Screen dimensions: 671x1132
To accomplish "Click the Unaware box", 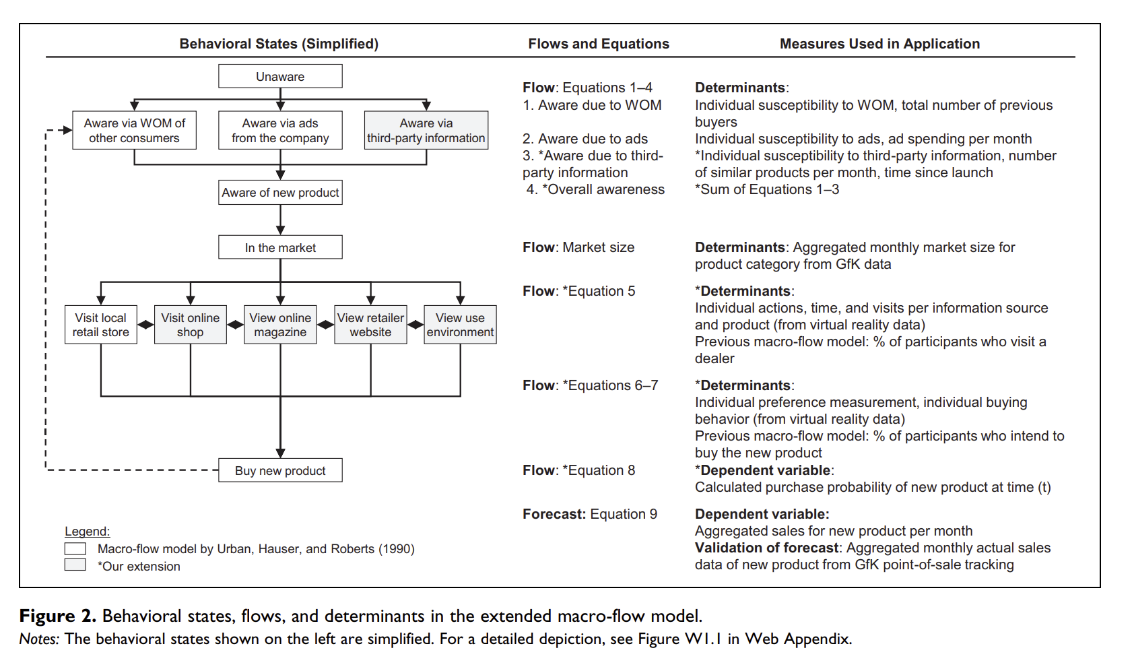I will coord(280,76).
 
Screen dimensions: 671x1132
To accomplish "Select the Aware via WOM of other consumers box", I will coord(134,130).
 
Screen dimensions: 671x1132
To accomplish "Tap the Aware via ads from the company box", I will coord(280,130).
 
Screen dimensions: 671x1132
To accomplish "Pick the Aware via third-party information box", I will coord(426,130).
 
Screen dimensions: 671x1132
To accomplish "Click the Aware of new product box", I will coord(280,192).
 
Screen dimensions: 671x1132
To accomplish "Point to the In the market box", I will coord(280,247).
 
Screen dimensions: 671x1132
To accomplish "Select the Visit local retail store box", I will coord(101,325).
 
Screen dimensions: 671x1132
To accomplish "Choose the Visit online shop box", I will coord(191,325).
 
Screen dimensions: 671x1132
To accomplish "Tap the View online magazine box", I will coord(280,325).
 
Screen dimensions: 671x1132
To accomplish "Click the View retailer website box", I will coord(370,325).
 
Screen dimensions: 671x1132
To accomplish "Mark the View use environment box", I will coord(460,325).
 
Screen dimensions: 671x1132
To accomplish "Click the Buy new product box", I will coord(280,470).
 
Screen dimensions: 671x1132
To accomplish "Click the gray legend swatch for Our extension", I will coord(75,565).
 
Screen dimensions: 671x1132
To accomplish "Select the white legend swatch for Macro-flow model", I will coord(75,548).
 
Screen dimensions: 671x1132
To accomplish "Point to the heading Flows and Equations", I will coord(599,44).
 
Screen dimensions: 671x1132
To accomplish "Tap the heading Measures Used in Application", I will coord(879,44).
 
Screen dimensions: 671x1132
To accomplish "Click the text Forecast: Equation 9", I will coord(589,514).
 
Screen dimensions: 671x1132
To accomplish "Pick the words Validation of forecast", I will coord(766,548).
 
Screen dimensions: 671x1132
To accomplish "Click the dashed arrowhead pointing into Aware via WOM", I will coord(67,130).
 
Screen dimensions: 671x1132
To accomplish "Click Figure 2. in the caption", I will coord(57,616).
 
